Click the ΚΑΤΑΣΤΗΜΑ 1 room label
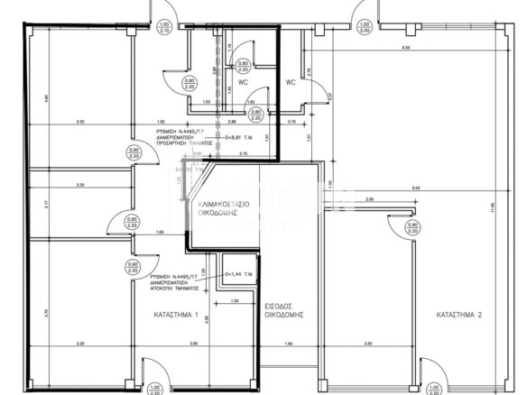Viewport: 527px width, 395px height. coord(178,316)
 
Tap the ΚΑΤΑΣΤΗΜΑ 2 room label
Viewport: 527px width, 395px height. coord(460,316)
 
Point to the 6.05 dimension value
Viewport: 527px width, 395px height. coord(414,188)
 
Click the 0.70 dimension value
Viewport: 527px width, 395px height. coord(292,121)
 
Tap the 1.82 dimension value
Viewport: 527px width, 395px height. coord(161,121)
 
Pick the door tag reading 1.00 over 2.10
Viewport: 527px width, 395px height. coord(163,27)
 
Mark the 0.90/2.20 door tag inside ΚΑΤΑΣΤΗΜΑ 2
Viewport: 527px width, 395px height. coord(413,227)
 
